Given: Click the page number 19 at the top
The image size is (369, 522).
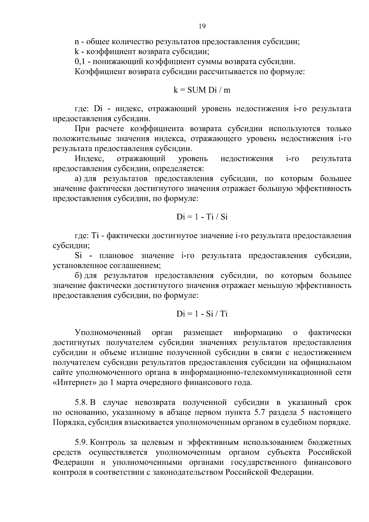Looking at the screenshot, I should (202, 26).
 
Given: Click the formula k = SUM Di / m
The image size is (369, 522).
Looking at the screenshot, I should (202, 90).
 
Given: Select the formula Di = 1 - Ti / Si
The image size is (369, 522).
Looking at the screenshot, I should (202, 217).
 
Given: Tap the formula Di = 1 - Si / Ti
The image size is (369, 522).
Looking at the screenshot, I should (202, 314).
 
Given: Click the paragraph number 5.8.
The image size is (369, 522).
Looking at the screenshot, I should (81, 402).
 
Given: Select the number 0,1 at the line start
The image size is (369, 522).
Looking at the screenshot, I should (80, 62).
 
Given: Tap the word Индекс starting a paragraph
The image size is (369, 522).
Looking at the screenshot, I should (89, 159).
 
